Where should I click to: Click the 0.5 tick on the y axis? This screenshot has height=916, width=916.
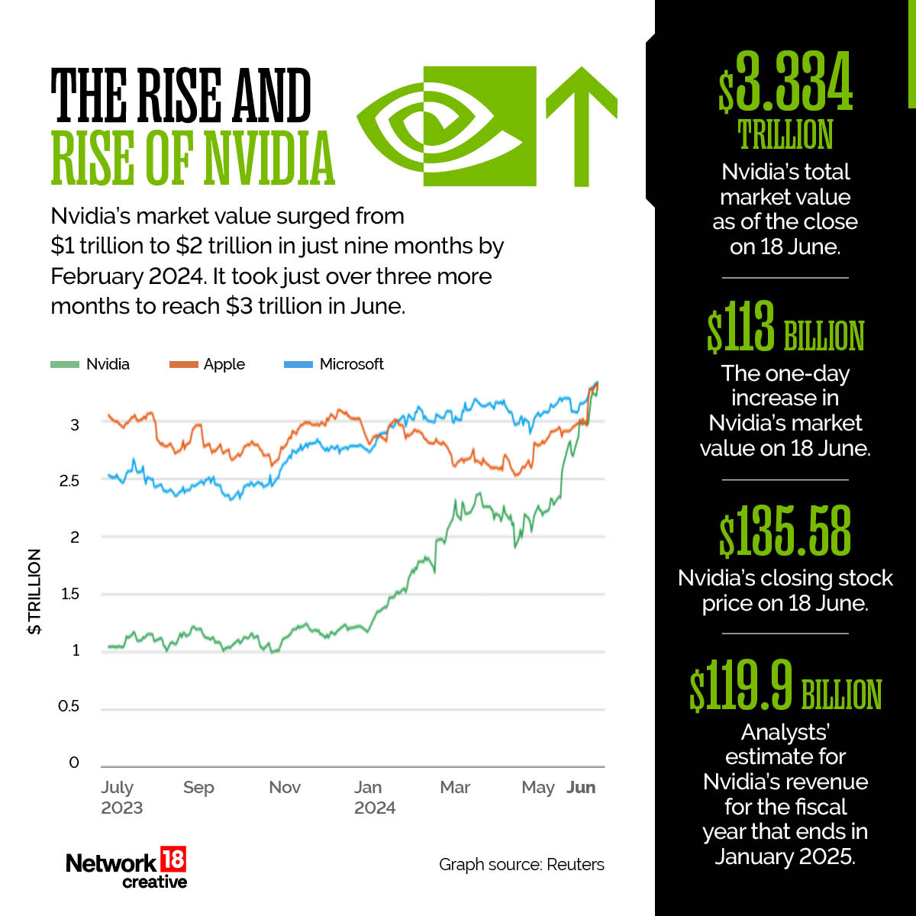(69, 707)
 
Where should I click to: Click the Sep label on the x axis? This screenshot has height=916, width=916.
(198, 787)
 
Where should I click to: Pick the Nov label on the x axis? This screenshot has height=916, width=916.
(285, 787)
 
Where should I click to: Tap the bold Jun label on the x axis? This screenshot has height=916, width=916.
(581, 787)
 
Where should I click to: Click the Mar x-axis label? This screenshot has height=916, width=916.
(455, 787)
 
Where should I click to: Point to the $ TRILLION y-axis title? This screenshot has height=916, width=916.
(35, 592)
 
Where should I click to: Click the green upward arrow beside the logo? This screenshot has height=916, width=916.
(581, 126)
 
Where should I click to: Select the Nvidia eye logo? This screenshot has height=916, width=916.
(447, 126)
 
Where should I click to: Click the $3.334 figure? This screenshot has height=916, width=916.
(785, 84)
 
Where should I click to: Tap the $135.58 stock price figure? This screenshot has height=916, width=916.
(785, 531)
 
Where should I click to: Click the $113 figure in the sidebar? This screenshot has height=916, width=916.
(740, 328)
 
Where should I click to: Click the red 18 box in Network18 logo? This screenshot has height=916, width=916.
(173, 861)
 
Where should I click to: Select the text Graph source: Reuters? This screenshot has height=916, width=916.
(521, 865)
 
